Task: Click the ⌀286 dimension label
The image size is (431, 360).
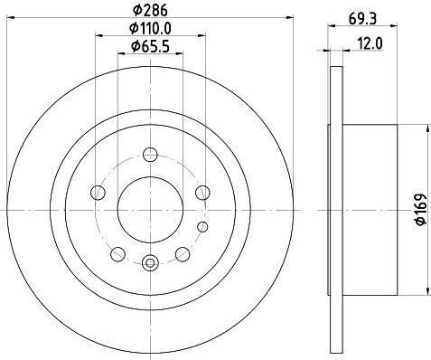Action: click(x=150, y=11)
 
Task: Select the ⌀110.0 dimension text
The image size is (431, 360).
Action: click(x=150, y=29)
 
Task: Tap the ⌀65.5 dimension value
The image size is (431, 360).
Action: click(x=150, y=46)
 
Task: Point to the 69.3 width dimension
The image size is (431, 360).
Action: click(x=362, y=19)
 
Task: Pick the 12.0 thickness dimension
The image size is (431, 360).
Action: click(x=370, y=43)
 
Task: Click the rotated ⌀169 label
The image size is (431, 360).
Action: click(x=421, y=209)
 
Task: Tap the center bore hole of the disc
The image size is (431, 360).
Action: click(x=150, y=210)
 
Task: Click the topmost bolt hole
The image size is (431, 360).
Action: click(x=150, y=155)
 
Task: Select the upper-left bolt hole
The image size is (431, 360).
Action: click(x=98, y=193)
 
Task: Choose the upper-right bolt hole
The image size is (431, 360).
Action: click(x=202, y=193)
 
